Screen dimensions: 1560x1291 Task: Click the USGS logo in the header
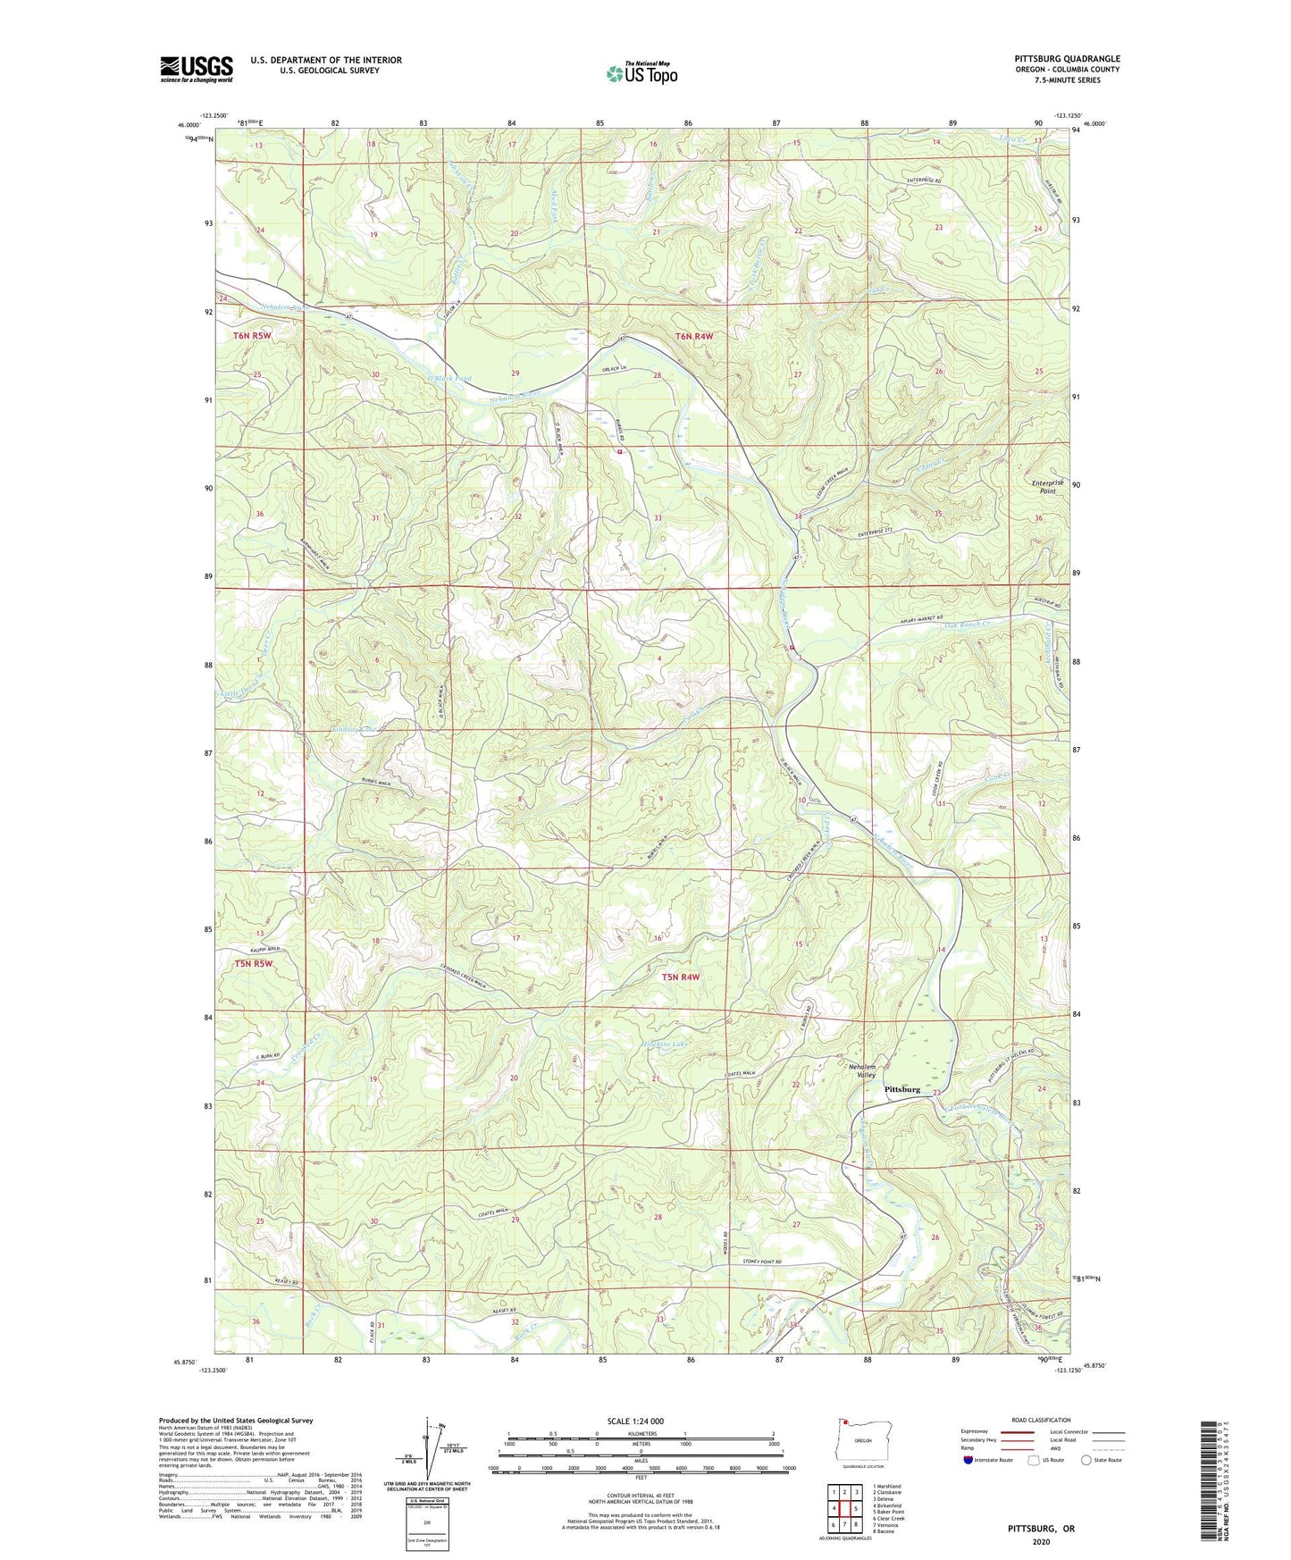coord(197,69)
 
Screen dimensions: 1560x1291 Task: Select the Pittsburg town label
coord(901,1089)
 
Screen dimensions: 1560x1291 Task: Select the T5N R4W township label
coord(681,977)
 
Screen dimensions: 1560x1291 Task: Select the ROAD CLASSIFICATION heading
coord(1041,1420)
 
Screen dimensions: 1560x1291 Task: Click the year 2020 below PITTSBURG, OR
coord(1040,1541)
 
